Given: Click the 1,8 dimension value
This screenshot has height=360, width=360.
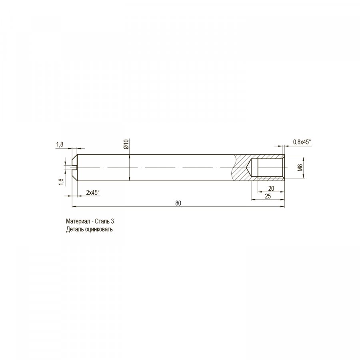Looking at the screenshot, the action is click(x=60, y=144).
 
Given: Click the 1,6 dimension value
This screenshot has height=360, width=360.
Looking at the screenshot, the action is click(x=61, y=182).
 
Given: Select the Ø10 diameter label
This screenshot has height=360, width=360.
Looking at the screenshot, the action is click(x=126, y=144).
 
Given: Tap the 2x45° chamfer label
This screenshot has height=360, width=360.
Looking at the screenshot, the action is click(x=93, y=192).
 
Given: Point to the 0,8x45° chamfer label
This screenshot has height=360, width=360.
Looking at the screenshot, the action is click(x=302, y=142).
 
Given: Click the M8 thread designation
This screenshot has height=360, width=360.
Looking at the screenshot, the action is click(x=300, y=168).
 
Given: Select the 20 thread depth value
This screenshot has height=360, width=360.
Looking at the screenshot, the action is click(x=271, y=188).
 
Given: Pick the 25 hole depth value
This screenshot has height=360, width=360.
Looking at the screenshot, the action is click(x=268, y=196).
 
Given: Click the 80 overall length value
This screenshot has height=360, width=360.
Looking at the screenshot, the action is click(x=178, y=203).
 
